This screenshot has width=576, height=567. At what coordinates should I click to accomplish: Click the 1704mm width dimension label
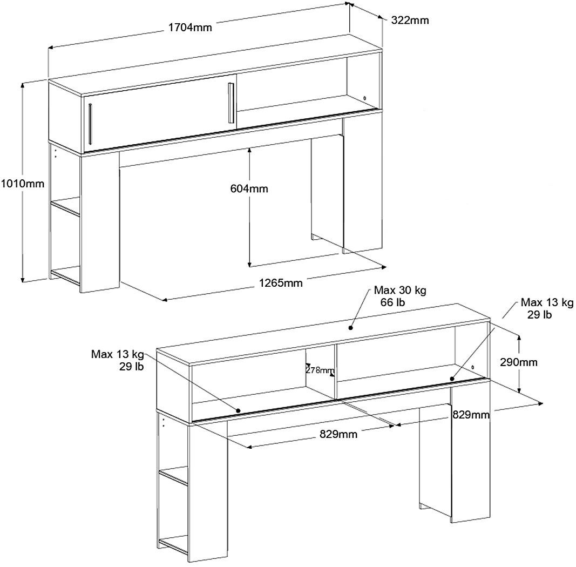click(x=189, y=28)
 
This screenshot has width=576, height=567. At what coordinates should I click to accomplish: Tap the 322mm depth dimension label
click(x=409, y=21)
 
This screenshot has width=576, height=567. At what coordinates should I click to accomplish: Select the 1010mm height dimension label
click(x=22, y=184)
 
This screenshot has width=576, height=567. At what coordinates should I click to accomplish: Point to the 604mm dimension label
click(x=249, y=189)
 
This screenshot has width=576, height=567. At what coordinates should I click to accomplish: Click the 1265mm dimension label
click(x=280, y=283)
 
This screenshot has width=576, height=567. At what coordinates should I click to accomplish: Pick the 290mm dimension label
click(x=519, y=362)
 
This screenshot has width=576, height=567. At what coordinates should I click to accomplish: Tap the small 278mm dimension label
click(x=320, y=370)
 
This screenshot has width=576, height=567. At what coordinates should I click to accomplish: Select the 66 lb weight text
click(x=392, y=302)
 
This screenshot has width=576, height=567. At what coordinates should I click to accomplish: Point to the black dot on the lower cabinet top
click(x=351, y=327)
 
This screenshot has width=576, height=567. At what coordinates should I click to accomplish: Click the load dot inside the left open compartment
click(x=238, y=410)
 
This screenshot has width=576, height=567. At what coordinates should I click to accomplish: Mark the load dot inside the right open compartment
click(x=451, y=380)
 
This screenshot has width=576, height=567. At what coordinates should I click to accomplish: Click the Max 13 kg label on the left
click(x=117, y=354)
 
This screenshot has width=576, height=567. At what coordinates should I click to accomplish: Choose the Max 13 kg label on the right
click(x=547, y=302)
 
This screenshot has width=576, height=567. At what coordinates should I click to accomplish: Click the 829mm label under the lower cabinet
click(x=338, y=434)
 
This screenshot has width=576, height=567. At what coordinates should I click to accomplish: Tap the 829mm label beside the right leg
click(x=471, y=414)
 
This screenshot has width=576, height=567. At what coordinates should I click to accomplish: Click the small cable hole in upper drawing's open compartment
click(x=365, y=98)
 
